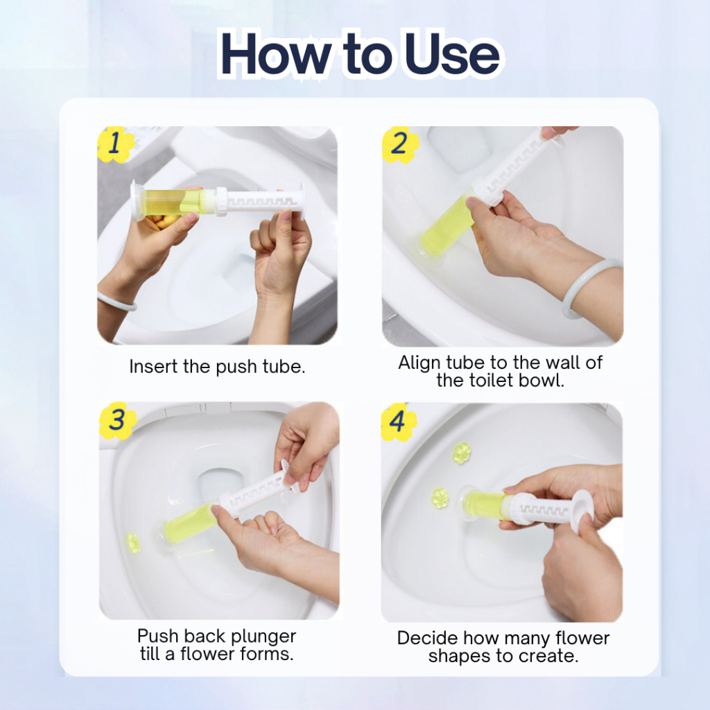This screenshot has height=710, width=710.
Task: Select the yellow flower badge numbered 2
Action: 399,144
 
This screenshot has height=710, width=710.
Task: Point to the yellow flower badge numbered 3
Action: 116,420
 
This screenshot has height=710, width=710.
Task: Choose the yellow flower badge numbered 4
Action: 399,422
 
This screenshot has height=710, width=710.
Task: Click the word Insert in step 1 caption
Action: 153,366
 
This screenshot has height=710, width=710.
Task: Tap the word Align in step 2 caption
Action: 419,363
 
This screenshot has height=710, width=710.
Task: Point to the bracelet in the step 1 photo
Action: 116,301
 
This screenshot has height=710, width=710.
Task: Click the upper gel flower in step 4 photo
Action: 462,453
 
